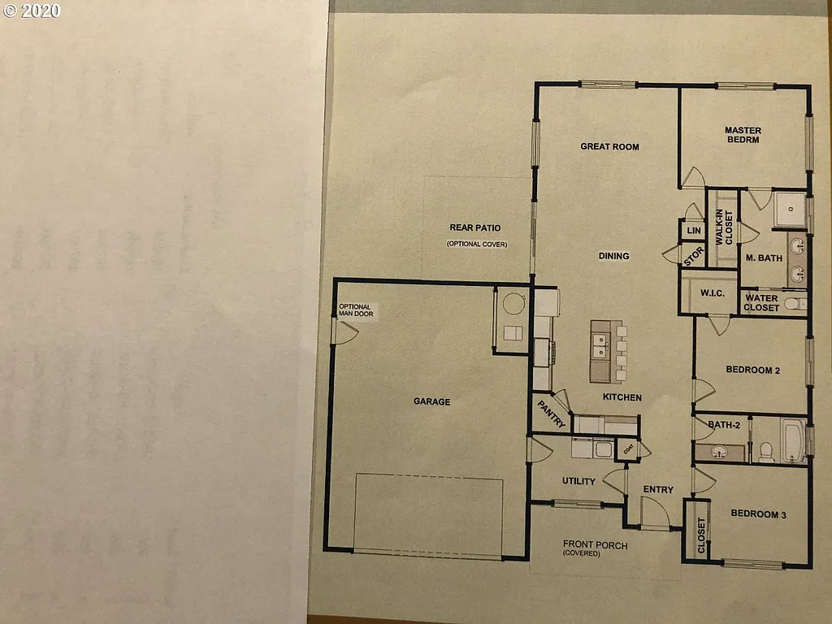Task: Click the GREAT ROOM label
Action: click(609, 147)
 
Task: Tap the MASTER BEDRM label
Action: click(743, 135)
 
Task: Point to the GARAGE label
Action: click(431, 401)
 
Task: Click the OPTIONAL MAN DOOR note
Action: click(354, 310)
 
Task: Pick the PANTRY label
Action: click(550, 411)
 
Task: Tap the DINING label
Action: click(613, 256)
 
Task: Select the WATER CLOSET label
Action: click(762, 303)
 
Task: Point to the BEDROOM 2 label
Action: click(752, 370)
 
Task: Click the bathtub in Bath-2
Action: click(791, 441)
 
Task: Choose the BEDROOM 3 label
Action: click(758, 513)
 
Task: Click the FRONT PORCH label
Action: click(596, 545)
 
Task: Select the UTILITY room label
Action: click(578, 481)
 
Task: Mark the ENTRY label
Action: click(658, 489)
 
